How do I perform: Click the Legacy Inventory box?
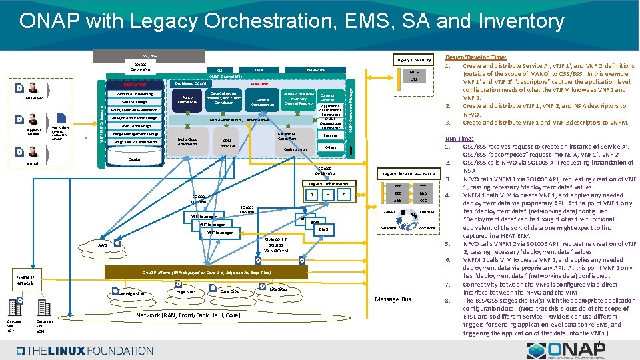click(413, 60)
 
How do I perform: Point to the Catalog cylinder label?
click(134, 160)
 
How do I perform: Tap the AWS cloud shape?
click(103, 245)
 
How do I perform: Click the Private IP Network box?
click(27, 279)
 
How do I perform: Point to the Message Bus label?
click(393, 299)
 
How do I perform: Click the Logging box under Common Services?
click(330, 135)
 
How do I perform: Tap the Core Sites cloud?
click(229, 292)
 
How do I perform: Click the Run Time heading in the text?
click(461, 138)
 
